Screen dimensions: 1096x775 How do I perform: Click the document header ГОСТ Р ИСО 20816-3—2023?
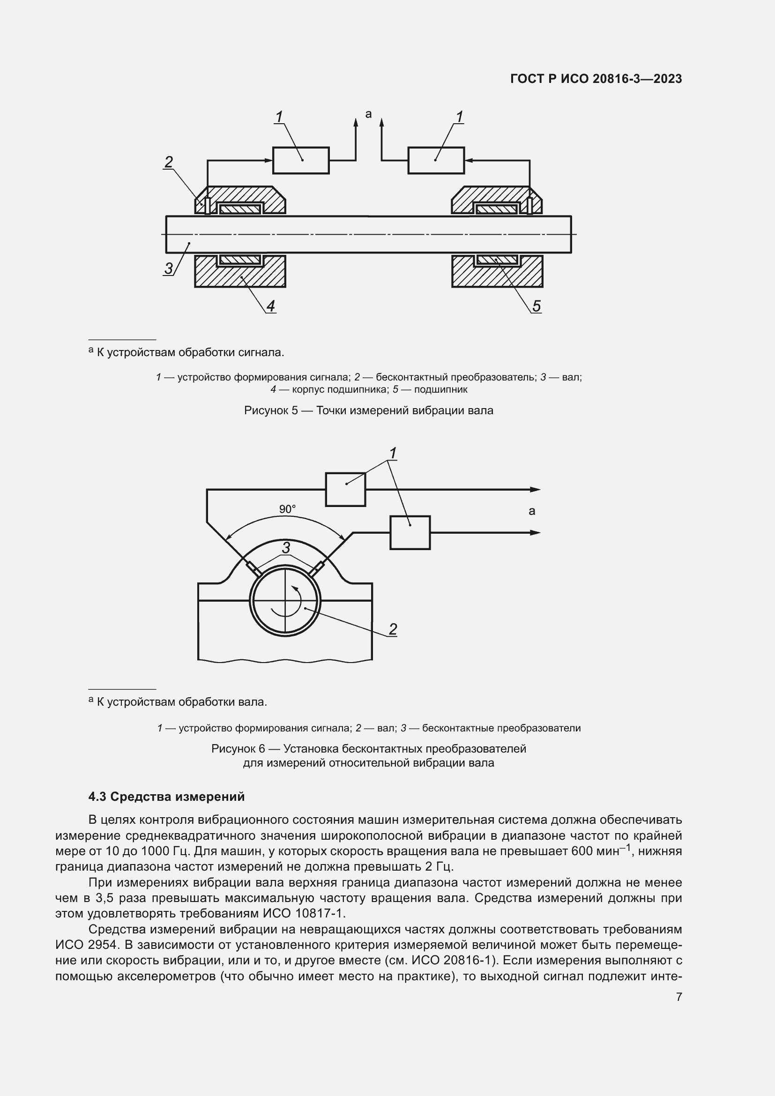point(596,79)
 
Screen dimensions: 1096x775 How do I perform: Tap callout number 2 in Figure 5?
point(169,162)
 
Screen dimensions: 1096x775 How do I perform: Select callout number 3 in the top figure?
point(169,268)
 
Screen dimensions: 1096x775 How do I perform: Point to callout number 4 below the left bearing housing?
point(270,306)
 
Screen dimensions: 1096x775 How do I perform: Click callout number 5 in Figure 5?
point(537,306)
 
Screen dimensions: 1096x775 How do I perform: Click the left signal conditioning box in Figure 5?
point(301,160)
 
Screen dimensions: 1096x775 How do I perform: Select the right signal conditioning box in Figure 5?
point(436,160)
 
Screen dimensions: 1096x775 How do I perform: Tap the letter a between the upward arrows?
point(368,114)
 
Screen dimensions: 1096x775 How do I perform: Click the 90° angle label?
point(287,509)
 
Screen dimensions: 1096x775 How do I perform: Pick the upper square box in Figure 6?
point(345,489)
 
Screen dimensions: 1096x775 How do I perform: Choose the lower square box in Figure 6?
point(410,532)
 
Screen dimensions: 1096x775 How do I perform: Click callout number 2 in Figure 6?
point(393,629)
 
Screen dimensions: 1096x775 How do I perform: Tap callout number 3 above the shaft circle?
point(286,547)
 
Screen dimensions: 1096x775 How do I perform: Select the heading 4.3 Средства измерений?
point(166,797)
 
